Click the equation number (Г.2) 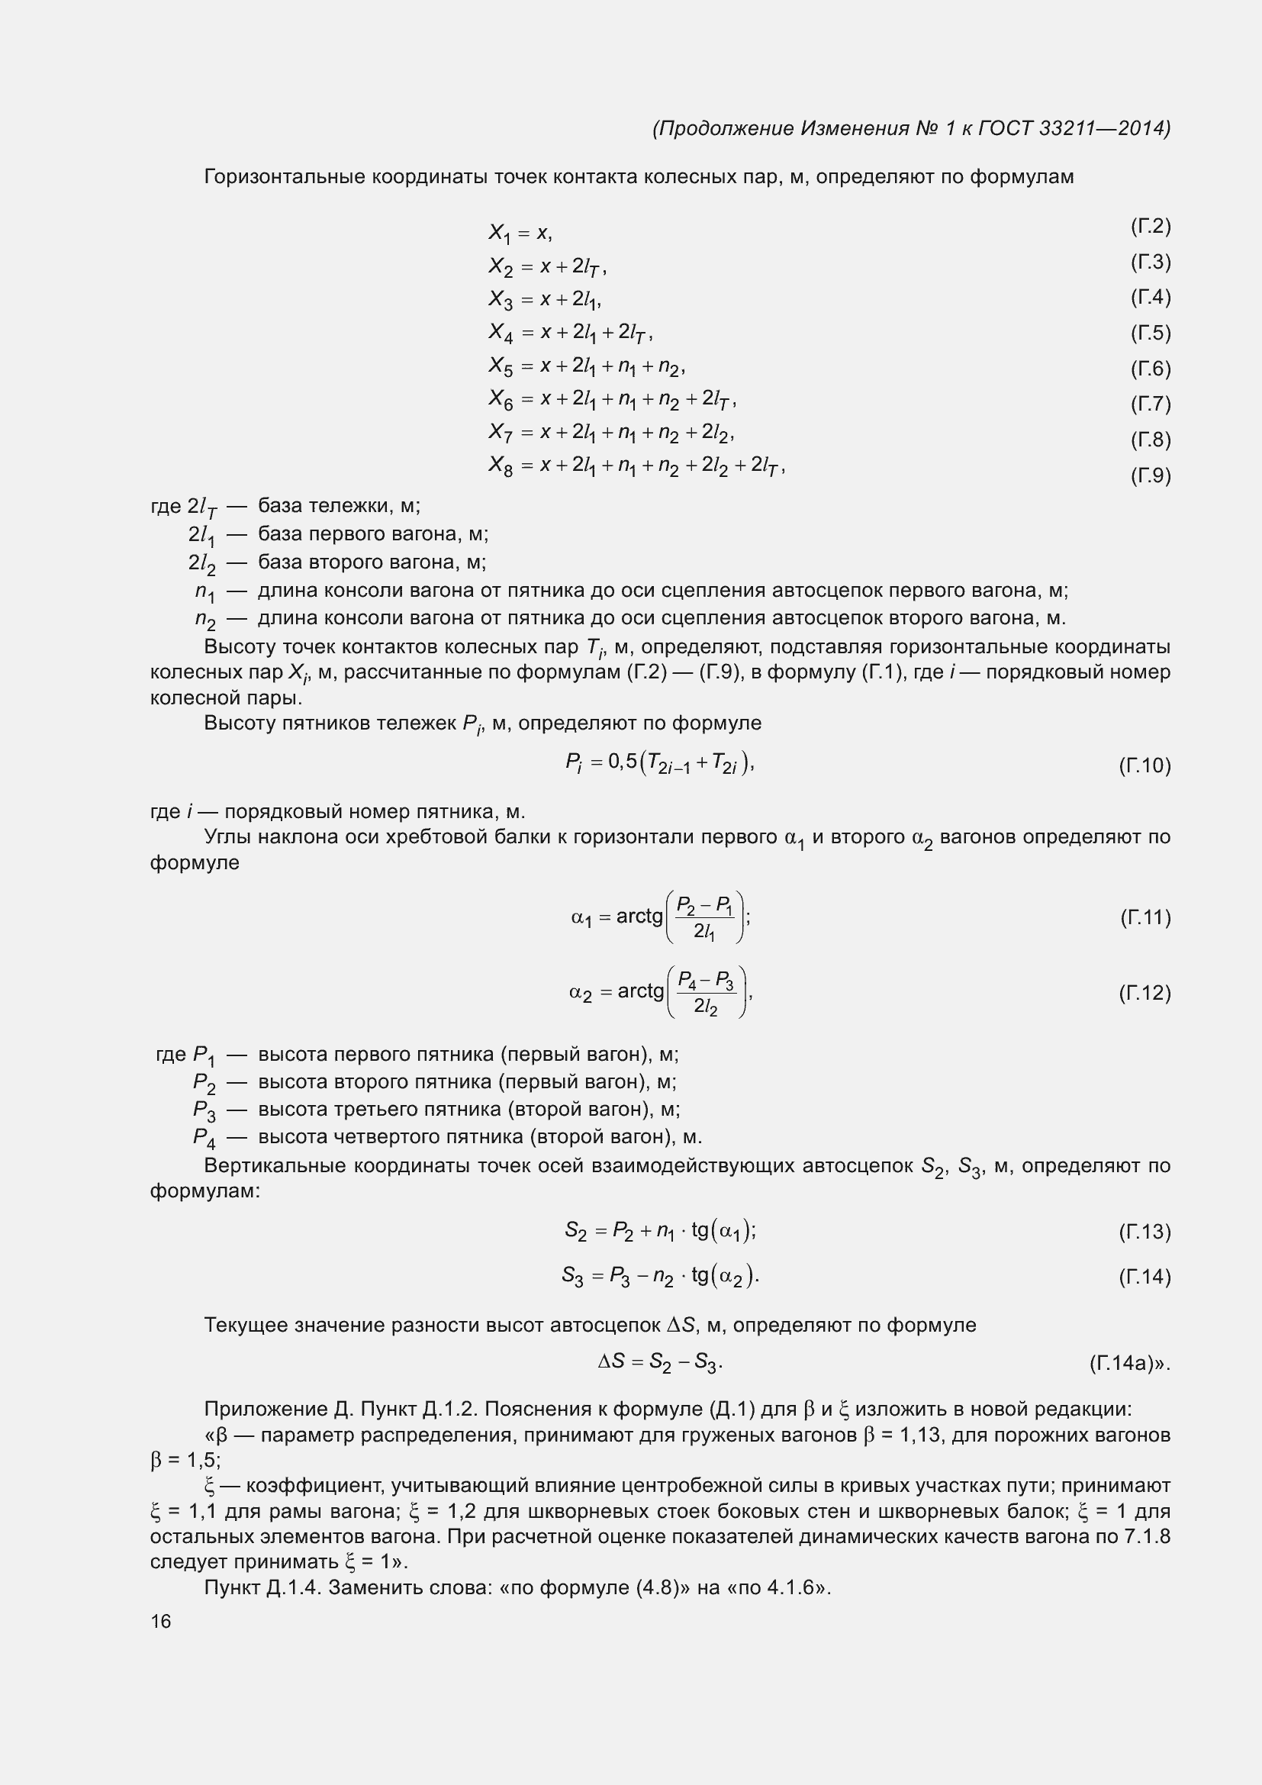pyautogui.click(x=1150, y=226)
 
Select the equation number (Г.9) pyautogui.click(x=1150, y=475)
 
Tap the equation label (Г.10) pyautogui.click(x=1144, y=765)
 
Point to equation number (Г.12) pyautogui.click(x=1144, y=993)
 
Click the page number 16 pyautogui.click(x=161, y=1621)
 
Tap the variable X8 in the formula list pyautogui.click(x=501, y=466)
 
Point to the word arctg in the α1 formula pyautogui.click(x=639, y=917)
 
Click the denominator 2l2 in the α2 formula pyautogui.click(x=706, y=1007)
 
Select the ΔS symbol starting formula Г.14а pyautogui.click(x=612, y=1361)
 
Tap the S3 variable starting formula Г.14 pyautogui.click(x=573, y=1277)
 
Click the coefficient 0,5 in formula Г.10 pyautogui.click(x=623, y=761)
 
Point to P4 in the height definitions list pyautogui.click(x=204, y=1138)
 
